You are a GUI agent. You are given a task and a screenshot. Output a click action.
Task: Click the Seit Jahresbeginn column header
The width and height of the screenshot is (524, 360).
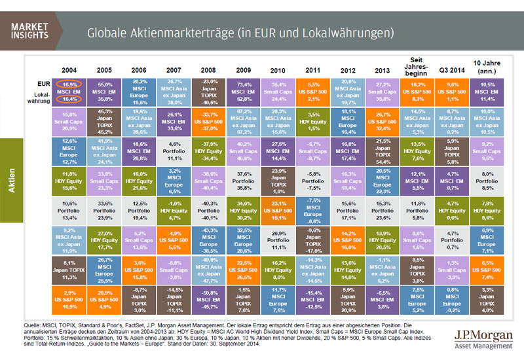(x=418, y=65)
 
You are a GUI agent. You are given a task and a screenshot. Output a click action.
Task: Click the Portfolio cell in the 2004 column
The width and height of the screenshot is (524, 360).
(x=70, y=210)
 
